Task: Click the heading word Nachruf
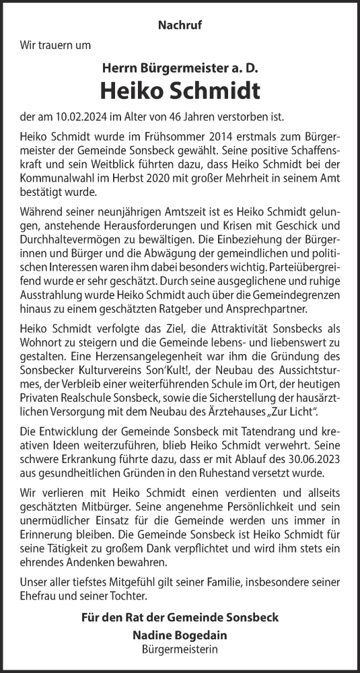click(x=180, y=26)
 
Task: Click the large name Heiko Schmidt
click(x=180, y=89)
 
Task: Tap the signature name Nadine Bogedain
click(x=180, y=635)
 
